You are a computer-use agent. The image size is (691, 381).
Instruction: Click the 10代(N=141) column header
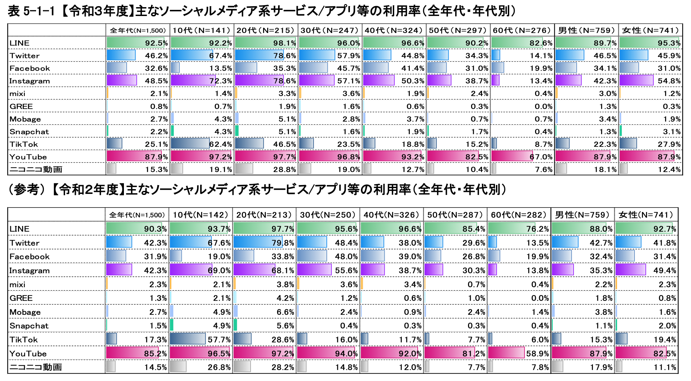pos(202,30)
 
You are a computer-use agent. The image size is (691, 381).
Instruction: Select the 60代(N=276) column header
pos(522,30)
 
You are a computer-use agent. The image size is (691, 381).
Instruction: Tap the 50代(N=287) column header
pos(455,215)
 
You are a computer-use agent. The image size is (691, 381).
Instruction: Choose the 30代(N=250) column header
pos(327,215)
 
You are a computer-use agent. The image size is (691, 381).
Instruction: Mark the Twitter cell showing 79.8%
pos(283,243)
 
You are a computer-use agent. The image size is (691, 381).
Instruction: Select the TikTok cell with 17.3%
pos(155,340)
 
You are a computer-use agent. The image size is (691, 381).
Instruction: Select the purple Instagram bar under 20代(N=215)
pos(259,80)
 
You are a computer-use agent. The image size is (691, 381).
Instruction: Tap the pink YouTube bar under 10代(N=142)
pos(199,353)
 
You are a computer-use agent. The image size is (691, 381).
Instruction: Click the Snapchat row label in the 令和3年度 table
pos(29,132)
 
